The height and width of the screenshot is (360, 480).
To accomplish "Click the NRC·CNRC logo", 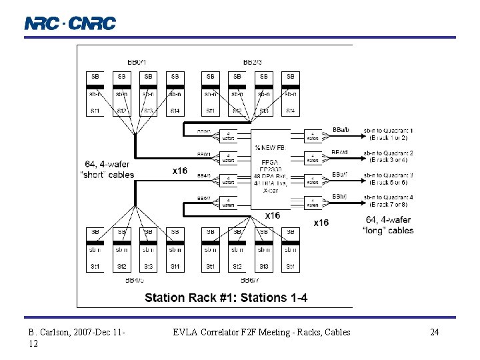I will coord(70,23).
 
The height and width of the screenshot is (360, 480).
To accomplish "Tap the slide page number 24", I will coord(434,332).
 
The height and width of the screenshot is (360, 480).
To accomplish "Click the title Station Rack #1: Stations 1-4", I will coord(226,297).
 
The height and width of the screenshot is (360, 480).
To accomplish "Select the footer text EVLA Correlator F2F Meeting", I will coord(261,332).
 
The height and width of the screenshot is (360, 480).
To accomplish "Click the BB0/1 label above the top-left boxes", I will coord(135,63).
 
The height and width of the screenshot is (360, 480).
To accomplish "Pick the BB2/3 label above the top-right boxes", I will coord(252,63).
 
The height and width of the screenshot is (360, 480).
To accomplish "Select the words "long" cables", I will coord(389,230).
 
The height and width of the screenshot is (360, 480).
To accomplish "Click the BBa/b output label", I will coord(339,130).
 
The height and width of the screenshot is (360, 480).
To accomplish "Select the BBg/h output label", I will coord(339,196).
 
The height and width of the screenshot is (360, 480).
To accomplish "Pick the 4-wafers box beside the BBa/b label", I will coord(313,136).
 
